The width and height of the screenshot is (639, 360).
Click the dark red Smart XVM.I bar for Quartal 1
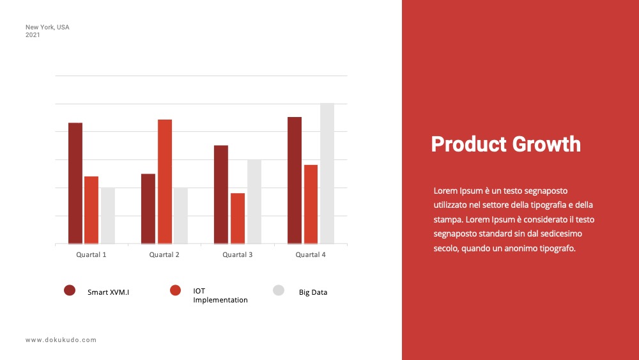pyautogui.click(x=75, y=184)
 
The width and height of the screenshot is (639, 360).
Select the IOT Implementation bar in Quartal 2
pyautogui.click(x=165, y=182)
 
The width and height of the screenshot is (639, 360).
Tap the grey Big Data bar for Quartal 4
pyautogui.click(x=327, y=173)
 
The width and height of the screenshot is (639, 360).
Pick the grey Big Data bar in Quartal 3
pyautogui.click(x=254, y=202)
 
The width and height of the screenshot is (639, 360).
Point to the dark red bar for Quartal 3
pyautogui.click(x=221, y=194)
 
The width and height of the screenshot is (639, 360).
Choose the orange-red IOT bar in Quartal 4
pyautogui.click(x=311, y=204)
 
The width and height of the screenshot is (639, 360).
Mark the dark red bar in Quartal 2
pyautogui.click(x=148, y=208)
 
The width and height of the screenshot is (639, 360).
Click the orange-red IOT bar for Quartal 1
pyautogui.click(x=91, y=210)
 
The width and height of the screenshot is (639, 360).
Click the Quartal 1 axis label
pyautogui.click(x=91, y=254)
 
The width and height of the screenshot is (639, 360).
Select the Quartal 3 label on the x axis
pyautogui.click(x=238, y=254)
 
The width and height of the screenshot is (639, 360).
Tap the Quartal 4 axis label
pyautogui.click(x=311, y=254)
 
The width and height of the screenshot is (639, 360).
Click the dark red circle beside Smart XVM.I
pyautogui.click(x=70, y=290)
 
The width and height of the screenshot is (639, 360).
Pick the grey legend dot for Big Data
pyautogui.click(x=279, y=290)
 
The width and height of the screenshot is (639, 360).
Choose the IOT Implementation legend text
pyautogui.click(x=220, y=295)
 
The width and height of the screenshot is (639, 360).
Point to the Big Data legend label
pyautogui.click(x=313, y=292)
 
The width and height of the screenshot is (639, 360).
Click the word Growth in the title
pyautogui.click(x=546, y=145)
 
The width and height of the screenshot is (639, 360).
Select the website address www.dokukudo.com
pyautogui.click(x=61, y=340)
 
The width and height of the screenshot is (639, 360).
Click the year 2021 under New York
pyautogui.click(x=33, y=35)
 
